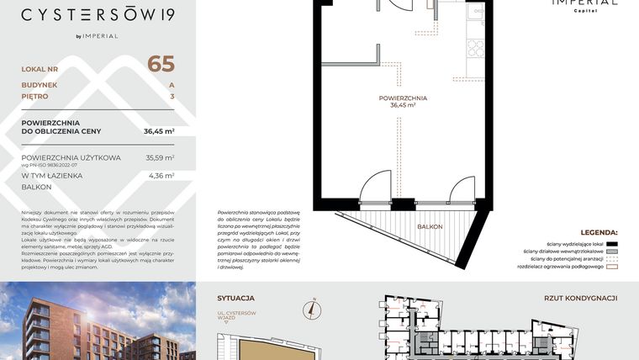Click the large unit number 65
click(x=161, y=64)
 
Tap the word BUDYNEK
click(x=40, y=85)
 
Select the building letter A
click(x=172, y=85)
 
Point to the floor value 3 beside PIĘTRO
click(x=172, y=97)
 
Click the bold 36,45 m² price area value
click(x=159, y=131)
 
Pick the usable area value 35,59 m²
click(x=160, y=157)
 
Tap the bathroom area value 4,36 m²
click(x=161, y=176)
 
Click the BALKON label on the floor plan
click(x=430, y=228)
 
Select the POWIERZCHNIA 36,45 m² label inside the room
click(x=404, y=103)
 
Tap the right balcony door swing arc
click(x=463, y=188)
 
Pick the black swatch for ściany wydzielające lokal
click(x=611, y=242)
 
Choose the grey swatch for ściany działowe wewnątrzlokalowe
click(x=611, y=251)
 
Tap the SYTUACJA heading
click(x=236, y=298)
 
